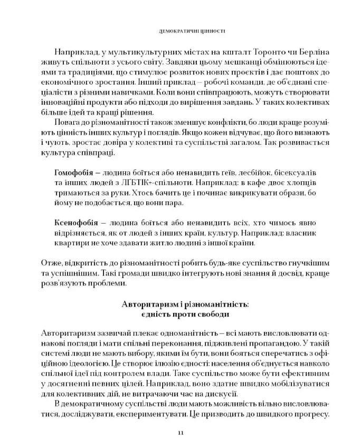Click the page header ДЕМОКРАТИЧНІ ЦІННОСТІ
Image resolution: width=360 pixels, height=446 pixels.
180,31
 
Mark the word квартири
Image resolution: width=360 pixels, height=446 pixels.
70,244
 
